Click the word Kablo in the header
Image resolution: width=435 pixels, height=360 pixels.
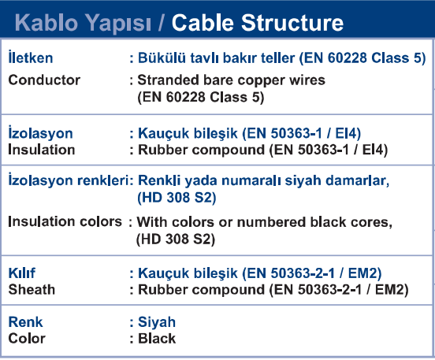click(x=46, y=23)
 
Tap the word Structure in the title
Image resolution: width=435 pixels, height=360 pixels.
click(x=292, y=23)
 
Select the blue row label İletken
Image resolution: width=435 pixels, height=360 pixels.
click(x=31, y=58)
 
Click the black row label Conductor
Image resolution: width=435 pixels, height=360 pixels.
click(x=44, y=80)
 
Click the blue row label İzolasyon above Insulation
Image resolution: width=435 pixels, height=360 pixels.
click(x=40, y=132)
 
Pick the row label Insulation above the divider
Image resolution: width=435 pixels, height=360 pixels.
click(x=42, y=150)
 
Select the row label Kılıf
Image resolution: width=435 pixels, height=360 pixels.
click(x=21, y=273)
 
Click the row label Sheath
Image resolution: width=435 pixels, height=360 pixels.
click(x=32, y=289)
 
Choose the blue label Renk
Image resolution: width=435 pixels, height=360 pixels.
click(x=25, y=322)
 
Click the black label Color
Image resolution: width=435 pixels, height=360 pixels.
click(x=27, y=339)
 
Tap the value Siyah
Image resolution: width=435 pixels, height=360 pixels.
click(x=157, y=322)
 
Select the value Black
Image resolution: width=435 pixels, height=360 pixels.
click(x=157, y=339)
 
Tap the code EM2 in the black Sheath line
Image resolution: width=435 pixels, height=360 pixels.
click(x=389, y=289)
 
